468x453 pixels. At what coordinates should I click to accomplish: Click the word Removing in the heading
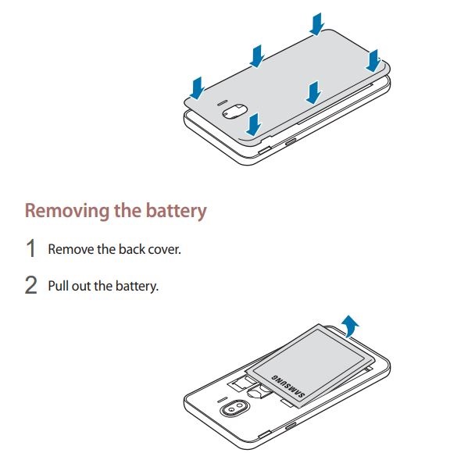pyautogui.click(x=67, y=211)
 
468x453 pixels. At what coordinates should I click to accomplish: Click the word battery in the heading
pyautogui.click(x=176, y=211)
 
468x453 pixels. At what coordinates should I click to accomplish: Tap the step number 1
pyautogui.click(x=30, y=248)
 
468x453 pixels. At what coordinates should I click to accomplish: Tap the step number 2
pyautogui.click(x=30, y=285)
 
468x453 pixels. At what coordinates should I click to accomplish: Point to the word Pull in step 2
pyautogui.click(x=59, y=286)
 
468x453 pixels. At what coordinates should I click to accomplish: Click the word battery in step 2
pyautogui.click(x=136, y=286)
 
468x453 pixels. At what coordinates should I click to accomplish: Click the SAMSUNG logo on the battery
pyautogui.click(x=288, y=387)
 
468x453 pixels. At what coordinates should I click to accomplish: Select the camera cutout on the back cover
pyautogui.click(x=234, y=112)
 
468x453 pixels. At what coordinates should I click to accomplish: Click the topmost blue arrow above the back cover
pyautogui.click(x=316, y=24)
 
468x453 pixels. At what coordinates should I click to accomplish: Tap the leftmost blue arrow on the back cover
pyautogui.click(x=197, y=88)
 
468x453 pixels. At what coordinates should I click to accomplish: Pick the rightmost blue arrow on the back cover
pyautogui.click(x=373, y=61)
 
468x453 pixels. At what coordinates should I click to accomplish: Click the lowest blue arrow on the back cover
pyautogui.click(x=253, y=124)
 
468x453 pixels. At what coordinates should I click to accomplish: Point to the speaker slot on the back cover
pyautogui.click(x=223, y=103)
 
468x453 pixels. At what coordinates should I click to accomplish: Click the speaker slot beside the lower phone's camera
pyautogui.click(x=221, y=400)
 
